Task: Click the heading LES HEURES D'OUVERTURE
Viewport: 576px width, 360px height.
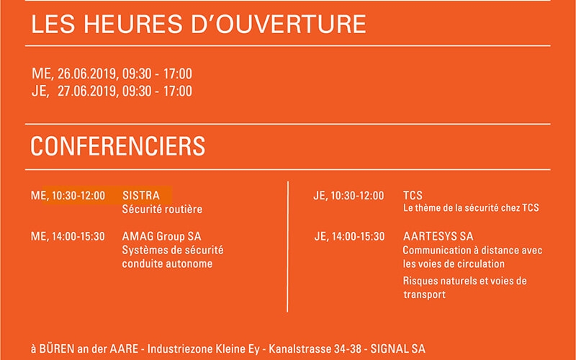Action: coord(199,24)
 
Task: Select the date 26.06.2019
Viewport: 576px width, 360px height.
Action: coord(87,74)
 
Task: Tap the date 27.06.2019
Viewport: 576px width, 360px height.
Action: coord(87,91)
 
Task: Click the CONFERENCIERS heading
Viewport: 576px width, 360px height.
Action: coord(117,146)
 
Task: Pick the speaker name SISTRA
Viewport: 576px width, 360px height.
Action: coord(141,195)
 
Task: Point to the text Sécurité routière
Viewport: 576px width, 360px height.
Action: coord(162,209)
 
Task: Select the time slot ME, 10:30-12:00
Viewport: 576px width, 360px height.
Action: coord(68,195)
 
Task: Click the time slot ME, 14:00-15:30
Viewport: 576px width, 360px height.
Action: coord(68,236)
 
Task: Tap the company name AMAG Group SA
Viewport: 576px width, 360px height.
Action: coord(161,236)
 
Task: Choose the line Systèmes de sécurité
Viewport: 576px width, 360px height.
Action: coord(173,250)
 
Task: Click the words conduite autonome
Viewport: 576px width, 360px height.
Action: coord(167,264)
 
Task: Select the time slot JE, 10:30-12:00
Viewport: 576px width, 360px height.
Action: coord(348,195)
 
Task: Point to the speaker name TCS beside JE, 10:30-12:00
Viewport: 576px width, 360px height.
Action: coord(413,195)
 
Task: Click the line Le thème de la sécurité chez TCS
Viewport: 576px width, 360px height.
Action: coord(471,208)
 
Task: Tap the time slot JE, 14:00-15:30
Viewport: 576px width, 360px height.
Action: coord(349,236)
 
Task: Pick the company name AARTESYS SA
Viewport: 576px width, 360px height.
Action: coord(438,236)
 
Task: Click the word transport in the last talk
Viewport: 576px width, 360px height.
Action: coord(424,294)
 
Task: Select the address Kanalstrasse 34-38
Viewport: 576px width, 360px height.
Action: coord(315,348)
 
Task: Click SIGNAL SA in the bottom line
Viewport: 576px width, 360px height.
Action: coord(398,348)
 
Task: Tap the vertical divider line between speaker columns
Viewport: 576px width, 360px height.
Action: coord(287,246)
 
